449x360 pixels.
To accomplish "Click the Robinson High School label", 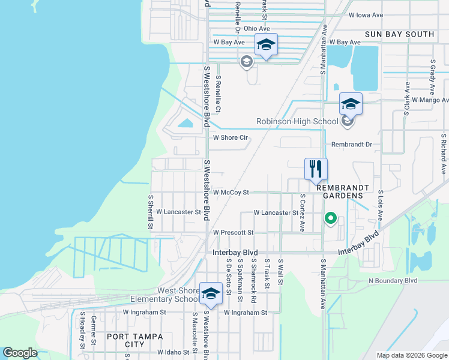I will pos(298,121).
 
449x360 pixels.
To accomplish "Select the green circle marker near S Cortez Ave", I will pos(330,218).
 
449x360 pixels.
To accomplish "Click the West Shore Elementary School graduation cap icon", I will pos(211,293).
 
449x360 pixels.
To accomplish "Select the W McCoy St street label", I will pos(231,193).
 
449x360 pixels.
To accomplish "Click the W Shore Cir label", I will pos(231,137).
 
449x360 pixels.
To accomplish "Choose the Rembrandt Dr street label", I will pos(352,145).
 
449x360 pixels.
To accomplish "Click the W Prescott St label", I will pos(234,232).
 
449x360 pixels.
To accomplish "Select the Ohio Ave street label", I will pos(256,28).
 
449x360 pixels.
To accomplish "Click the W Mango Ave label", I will pos(430,100).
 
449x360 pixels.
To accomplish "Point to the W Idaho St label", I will pos(173,353).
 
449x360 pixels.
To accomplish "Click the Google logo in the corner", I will pos(20,353).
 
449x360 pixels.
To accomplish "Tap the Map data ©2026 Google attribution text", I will pos(411,355).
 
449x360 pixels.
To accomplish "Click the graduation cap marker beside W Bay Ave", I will pos(266,44).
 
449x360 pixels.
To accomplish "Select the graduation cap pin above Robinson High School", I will pos(351,104).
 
